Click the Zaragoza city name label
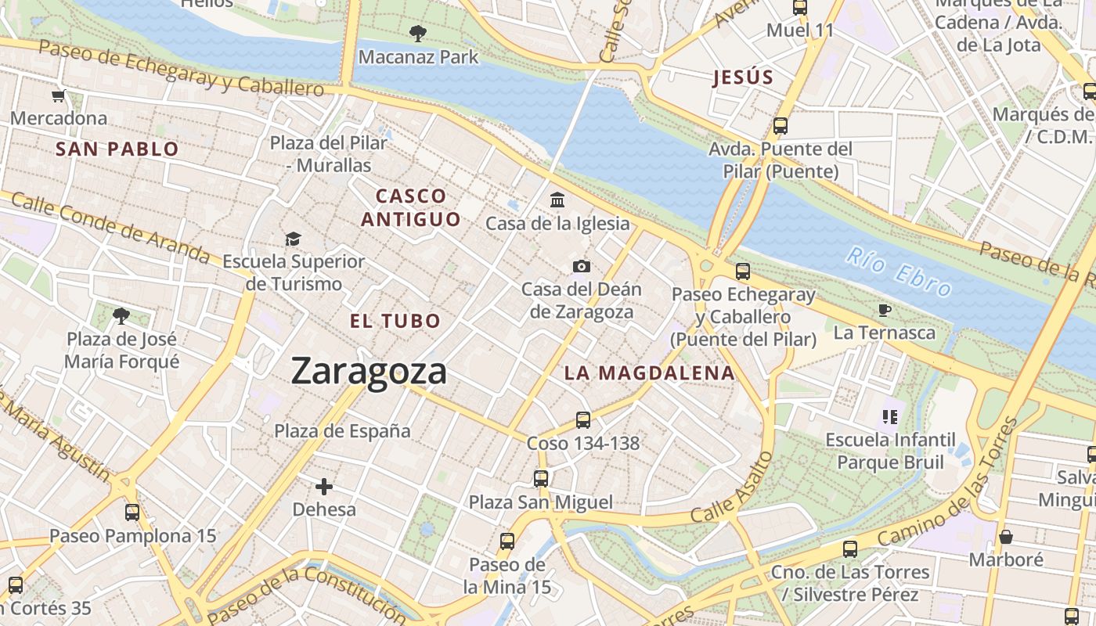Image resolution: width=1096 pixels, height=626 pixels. click(x=369, y=371)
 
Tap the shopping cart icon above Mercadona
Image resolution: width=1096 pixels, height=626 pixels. click(x=58, y=96)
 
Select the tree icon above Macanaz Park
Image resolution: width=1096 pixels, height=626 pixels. click(x=418, y=33)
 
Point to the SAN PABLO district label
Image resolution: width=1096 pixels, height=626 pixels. click(x=117, y=149)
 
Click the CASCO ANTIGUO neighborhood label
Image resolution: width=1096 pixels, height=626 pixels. click(x=411, y=207)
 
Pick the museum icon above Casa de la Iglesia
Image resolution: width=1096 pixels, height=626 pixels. click(x=557, y=200)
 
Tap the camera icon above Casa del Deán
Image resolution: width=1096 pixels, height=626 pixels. click(x=581, y=266)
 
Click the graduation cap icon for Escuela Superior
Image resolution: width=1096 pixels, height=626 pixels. click(x=293, y=239)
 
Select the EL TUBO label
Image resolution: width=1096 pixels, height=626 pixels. click(x=395, y=321)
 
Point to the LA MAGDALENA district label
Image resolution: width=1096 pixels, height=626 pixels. click(x=650, y=373)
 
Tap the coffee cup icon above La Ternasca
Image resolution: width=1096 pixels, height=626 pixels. click(x=885, y=310)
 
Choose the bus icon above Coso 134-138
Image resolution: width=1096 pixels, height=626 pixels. click(x=583, y=420)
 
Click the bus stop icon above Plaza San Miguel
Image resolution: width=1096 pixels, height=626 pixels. click(x=541, y=478)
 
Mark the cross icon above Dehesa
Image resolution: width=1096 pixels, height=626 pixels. click(x=324, y=487)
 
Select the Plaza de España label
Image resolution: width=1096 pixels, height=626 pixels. click(x=342, y=430)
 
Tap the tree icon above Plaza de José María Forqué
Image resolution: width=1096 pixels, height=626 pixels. click(x=121, y=316)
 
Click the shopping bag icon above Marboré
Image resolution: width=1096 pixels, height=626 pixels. click(x=1006, y=537)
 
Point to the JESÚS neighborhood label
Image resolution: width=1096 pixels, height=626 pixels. click(x=743, y=77)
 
